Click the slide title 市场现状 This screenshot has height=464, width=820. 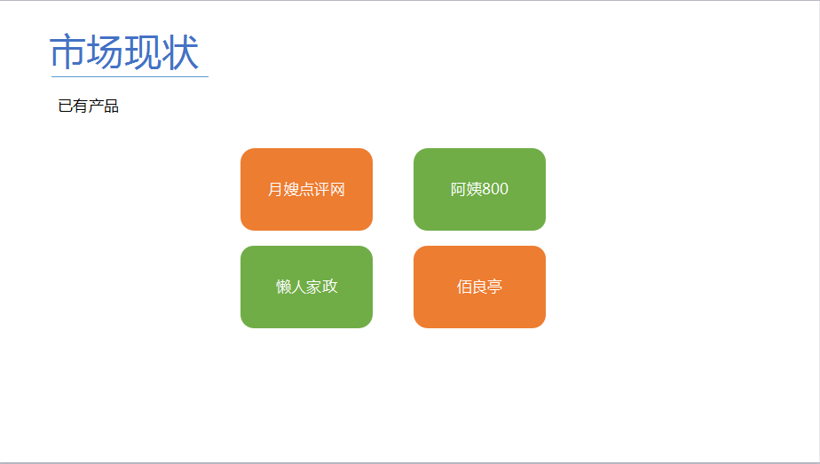[x=124, y=51]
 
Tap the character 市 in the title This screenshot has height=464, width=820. [x=68, y=51]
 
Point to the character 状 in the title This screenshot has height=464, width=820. [x=180, y=51]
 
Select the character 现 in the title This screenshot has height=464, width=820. [x=143, y=51]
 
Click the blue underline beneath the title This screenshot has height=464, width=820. [x=130, y=76]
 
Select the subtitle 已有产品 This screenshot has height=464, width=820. [x=89, y=106]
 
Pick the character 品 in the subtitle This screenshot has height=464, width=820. [x=112, y=106]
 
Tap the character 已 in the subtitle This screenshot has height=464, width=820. [x=66, y=106]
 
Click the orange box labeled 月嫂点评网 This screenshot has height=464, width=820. [x=306, y=189]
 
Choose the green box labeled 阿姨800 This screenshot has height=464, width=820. [x=479, y=189]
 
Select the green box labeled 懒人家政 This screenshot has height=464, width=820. [x=306, y=287]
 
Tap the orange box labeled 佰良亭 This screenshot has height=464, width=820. [x=479, y=287]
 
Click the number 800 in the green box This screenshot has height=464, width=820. [x=495, y=189]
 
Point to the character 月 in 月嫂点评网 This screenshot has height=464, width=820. [x=276, y=189]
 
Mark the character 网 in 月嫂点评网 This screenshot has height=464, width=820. [x=337, y=189]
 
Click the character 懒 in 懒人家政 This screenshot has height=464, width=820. [x=283, y=287]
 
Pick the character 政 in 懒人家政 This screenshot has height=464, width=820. [x=330, y=287]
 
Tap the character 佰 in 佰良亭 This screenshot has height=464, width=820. [x=464, y=287]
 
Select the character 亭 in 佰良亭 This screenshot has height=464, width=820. [x=494, y=287]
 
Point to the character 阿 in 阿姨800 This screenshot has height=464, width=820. [x=458, y=189]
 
